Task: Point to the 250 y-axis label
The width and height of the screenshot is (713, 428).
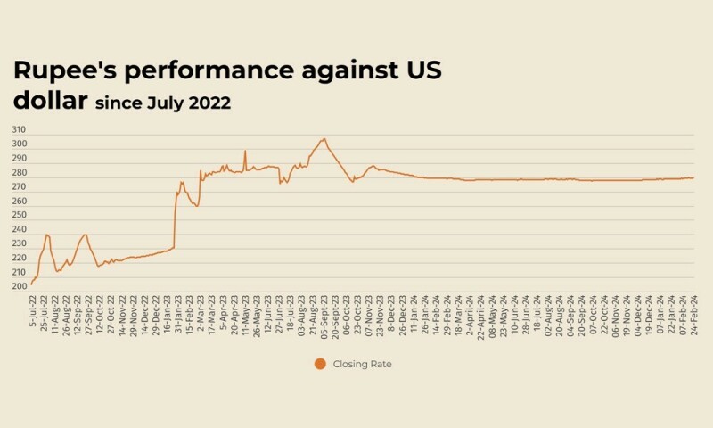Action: [x=20, y=215]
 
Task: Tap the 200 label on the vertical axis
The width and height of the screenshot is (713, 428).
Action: [x=20, y=286]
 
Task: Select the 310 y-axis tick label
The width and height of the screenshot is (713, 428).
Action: [x=20, y=130]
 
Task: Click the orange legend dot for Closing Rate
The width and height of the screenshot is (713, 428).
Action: [x=320, y=364]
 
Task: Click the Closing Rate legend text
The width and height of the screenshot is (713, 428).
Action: [x=363, y=364]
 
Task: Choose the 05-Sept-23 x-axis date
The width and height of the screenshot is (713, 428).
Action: [x=323, y=316]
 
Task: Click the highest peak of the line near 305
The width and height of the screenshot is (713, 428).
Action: [x=324, y=138]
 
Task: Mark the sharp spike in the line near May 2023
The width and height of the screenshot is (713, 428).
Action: [x=245, y=151]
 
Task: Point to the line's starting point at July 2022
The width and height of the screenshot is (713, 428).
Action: [x=31, y=284]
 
